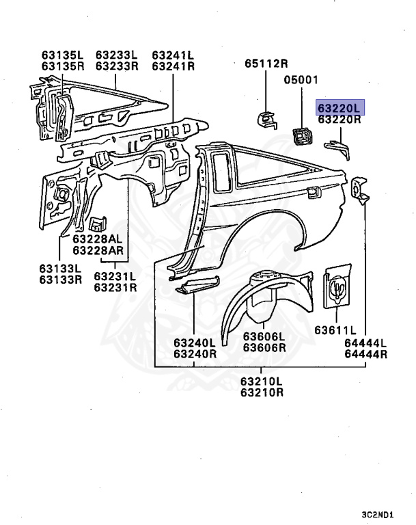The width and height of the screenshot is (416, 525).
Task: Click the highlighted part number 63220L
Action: pos(340,108)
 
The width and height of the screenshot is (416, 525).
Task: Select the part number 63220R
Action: pos(340,120)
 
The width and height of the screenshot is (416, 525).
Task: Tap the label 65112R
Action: pos(266,64)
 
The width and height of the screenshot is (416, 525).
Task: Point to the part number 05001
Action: pos(301,79)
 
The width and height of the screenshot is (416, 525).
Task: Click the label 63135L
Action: pos(62,55)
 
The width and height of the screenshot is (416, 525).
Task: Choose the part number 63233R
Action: pos(117,66)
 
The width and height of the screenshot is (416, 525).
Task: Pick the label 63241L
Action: pos(173,55)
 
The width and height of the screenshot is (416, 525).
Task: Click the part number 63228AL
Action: pos(98,239)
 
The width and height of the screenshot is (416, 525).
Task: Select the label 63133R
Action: pos(60,279)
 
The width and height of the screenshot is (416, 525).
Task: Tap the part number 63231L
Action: pos(115,276)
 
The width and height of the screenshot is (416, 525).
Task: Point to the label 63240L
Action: pos(195,342)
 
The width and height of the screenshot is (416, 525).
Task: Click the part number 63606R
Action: pos(264,353)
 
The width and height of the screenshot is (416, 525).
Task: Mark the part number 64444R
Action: pos(365,353)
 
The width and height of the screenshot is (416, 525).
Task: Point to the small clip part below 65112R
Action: pos(267,119)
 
